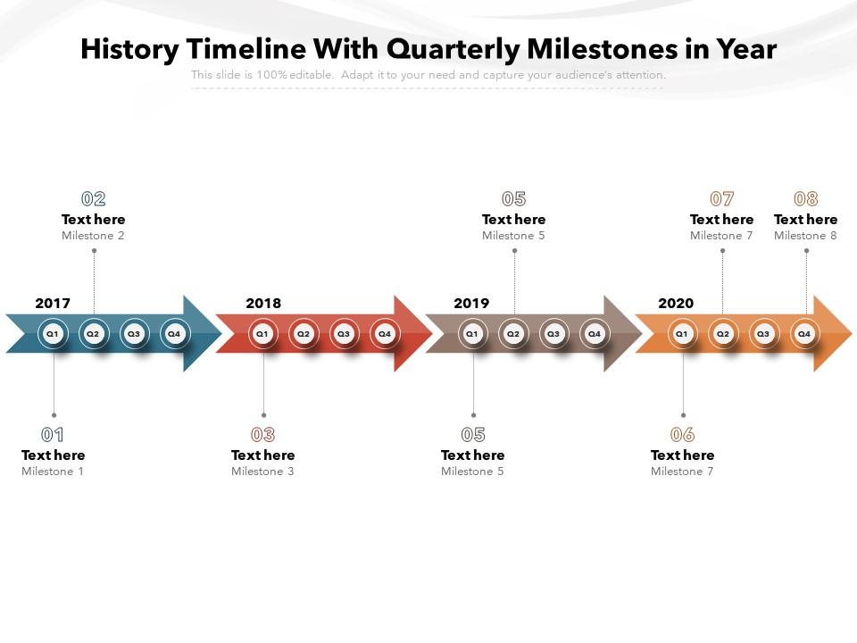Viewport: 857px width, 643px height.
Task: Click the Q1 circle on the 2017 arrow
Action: coord(53,334)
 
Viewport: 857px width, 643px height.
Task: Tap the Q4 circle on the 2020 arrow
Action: coord(804,334)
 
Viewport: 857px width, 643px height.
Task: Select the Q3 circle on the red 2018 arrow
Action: coord(344,334)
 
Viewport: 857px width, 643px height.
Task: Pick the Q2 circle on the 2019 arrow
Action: coord(513,334)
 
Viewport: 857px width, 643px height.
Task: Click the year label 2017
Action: coord(53,304)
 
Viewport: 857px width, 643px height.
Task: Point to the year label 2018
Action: coord(263,304)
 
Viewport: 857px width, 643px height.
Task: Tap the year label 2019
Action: coord(471,304)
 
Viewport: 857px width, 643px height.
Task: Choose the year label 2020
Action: coord(676,304)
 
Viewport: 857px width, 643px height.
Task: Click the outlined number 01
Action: coord(53,435)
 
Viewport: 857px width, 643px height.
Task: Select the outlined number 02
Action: coord(94,199)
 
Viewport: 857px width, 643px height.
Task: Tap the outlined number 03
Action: coord(263,435)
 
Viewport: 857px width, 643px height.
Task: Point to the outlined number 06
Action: coord(682,435)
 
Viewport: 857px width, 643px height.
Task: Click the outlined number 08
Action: coord(806,199)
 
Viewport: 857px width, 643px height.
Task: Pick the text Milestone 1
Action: coord(53,472)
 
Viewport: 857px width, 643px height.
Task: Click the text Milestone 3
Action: coord(262,472)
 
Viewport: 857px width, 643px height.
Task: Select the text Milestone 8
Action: coord(805,236)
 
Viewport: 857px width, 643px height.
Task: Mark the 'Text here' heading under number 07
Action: coord(721,220)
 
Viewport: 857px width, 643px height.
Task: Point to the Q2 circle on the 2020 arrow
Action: coord(723,334)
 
